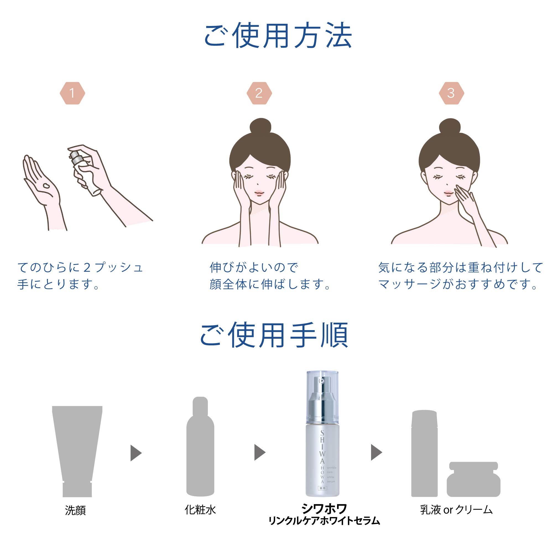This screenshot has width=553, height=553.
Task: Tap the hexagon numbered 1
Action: coord(72,93)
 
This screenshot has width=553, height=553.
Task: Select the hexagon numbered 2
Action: coord(259,93)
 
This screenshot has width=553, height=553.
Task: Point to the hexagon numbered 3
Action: coord(451,93)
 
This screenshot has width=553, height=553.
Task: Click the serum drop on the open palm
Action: coord(47,186)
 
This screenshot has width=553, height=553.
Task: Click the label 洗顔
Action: coord(75,510)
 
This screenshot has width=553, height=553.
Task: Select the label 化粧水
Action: coord(200,510)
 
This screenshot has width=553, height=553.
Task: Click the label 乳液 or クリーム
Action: coord(456,510)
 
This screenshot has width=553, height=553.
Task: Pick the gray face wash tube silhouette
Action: coord(77,447)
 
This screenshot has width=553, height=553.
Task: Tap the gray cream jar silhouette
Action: coord(473,479)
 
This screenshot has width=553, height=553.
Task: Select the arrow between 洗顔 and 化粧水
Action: coord(136,453)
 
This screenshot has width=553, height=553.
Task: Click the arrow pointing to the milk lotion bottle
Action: coord(376,452)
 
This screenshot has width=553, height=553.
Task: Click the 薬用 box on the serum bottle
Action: coord(322,488)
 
